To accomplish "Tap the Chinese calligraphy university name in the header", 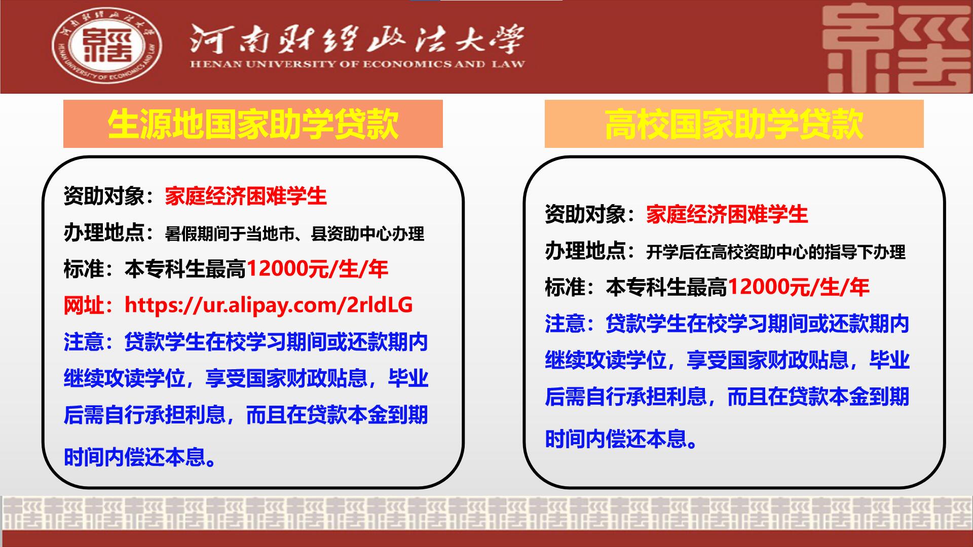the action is tap(357, 39).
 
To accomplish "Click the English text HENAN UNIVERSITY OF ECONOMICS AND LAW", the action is tap(357, 64).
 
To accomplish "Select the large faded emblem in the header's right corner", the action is tap(894, 49).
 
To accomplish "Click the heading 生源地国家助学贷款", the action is tap(253, 124).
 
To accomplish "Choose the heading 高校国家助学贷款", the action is tap(734, 124).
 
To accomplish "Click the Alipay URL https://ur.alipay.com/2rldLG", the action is tap(269, 305).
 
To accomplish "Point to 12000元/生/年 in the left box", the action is tap(317, 269).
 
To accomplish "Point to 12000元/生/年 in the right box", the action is tap(798, 287).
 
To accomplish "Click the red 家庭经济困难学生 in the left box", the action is tap(246, 196).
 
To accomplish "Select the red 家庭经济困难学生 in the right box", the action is tap(727, 214).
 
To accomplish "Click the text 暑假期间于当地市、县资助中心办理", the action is tap(294, 233).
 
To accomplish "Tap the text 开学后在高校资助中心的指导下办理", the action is tap(775, 252).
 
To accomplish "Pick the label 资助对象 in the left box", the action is tap(104, 196).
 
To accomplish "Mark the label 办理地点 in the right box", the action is tap(585, 251).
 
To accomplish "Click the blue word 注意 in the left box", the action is tap(84, 342).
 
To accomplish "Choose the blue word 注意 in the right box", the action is tap(565, 324).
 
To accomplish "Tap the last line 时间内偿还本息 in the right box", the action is tap(621, 439).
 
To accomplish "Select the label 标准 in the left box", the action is tap(84, 269).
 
